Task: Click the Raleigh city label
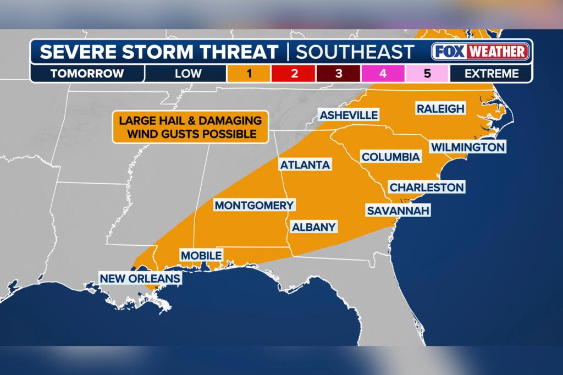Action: pyautogui.click(x=440, y=108)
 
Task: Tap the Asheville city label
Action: pyautogui.click(x=349, y=115)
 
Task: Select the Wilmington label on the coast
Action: pyautogui.click(x=467, y=147)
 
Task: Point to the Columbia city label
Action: pyautogui.click(x=390, y=157)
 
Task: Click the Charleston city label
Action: pyautogui.click(x=427, y=187)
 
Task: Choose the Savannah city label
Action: pyautogui.click(x=398, y=211)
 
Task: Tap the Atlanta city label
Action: pyautogui.click(x=305, y=164)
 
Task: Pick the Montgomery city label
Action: pyautogui.click(x=254, y=205)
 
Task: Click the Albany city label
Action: pyautogui.click(x=313, y=227)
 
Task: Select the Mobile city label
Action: pyautogui.click(x=201, y=255)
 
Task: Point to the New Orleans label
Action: pyautogui.click(x=140, y=278)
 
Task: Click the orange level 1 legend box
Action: pyautogui.click(x=249, y=73)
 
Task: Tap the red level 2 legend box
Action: pyautogui.click(x=294, y=73)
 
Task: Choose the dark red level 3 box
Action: pyautogui.click(x=338, y=73)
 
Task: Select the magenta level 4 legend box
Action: pyautogui.click(x=383, y=73)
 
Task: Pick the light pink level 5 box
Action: pyautogui.click(x=427, y=73)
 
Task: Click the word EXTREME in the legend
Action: pyautogui.click(x=492, y=73)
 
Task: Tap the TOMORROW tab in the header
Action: pyautogui.click(x=87, y=73)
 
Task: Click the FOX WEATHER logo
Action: pyautogui.click(x=480, y=52)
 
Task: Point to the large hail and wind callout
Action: pyautogui.click(x=186, y=127)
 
